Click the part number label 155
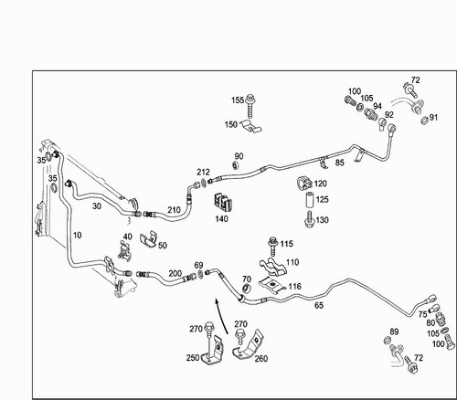[x=238, y=100]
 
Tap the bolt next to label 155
[x=250, y=107]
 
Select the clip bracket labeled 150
[x=251, y=126]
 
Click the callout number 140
[x=221, y=219]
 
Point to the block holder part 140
[x=223, y=202]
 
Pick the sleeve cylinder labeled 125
[x=310, y=200]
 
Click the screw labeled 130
[x=310, y=219]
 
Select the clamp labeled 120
[x=304, y=183]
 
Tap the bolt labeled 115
[x=272, y=247]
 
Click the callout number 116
[x=294, y=287]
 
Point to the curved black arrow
[x=221, y=316]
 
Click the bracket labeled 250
[x=214, y=350]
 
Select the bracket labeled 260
[x=249, y=345]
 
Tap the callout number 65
[x=319, y=305]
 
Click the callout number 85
[x=339, y=163]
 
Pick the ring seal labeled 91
[x=424, y=121]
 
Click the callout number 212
[x=203, y=172]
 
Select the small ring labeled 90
[x=235, y=165]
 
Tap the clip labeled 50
[x=149, y=240]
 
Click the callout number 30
[x=97, y=206]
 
